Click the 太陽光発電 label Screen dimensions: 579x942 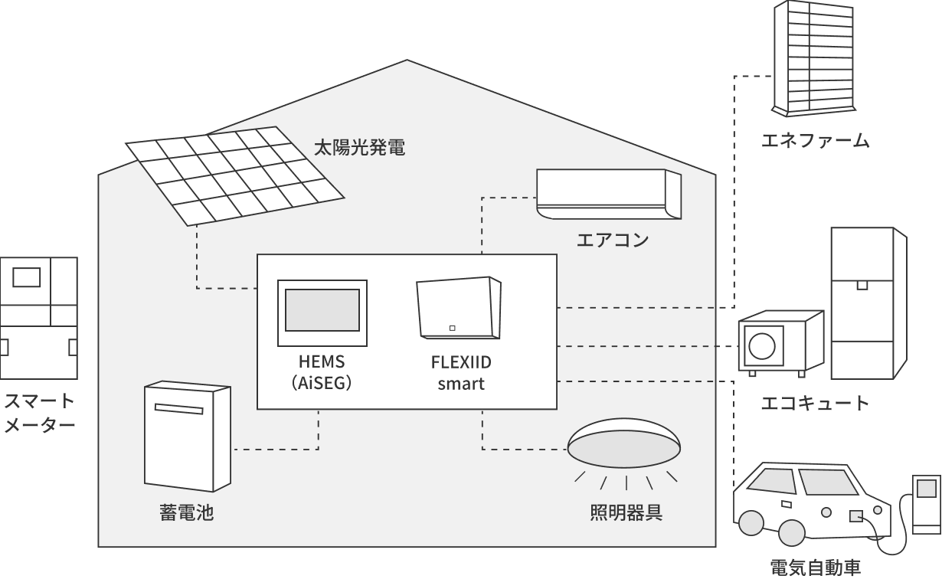[359, 148]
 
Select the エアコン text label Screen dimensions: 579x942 [613, 240]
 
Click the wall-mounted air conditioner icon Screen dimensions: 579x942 [608, 195]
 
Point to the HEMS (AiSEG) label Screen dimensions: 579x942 [322, 372]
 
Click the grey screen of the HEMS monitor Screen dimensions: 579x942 [322, 310]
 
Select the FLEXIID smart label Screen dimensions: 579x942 [461, 372]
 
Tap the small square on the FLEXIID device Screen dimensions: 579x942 [452, 329]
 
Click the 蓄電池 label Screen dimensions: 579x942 [186, 512]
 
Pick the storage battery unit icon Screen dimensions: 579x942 [187, 436]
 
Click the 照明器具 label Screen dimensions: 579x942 [626, 512]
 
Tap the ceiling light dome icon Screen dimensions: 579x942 [624, 443]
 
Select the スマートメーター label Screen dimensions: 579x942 [39, 413]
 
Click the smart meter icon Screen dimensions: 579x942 [38, 318]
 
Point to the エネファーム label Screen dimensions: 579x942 [815, 140]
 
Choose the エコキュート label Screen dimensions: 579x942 [815, 403]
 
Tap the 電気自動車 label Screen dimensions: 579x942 [815, 568]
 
